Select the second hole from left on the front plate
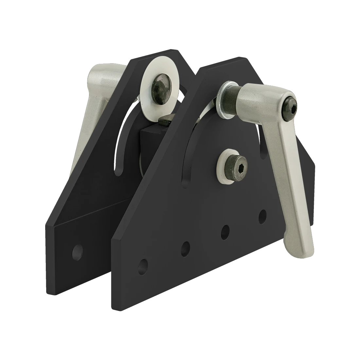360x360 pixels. tap(186, 248)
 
